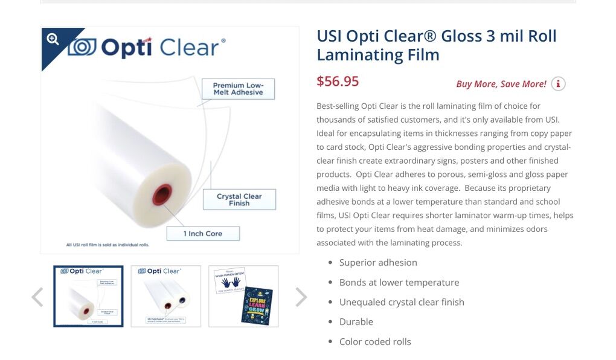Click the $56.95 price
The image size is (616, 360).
coord(338,82)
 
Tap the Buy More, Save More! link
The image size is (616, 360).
coord(501,84)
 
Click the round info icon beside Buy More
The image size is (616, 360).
coord(558,84)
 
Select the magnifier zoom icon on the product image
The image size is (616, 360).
coord(53,39)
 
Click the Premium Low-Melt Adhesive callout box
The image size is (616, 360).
coord(238,89)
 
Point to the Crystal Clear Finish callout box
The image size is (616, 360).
coord(239,199)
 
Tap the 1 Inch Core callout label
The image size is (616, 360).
coord(203,233)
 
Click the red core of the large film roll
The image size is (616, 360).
coord(162,194)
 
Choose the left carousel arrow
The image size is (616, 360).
coord(37,297)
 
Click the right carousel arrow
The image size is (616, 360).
coord(301,297)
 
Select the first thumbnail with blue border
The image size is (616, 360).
coord(88,296)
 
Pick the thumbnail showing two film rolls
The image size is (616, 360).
coord(165,296)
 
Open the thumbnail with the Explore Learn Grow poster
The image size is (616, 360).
coord(243,296)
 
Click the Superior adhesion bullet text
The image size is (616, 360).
coord(378,262)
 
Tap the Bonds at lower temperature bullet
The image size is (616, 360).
coord(399,282)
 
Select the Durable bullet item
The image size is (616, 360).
coord(356,321)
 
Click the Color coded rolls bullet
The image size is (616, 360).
coord(375,341)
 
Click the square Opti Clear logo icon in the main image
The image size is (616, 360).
coord(82,47)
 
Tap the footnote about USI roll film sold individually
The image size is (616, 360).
coord(107,245)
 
